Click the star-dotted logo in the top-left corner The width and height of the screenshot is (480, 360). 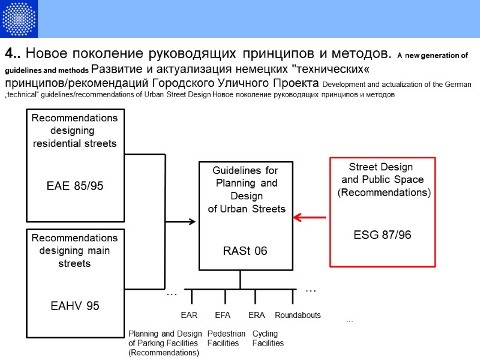point(19,19)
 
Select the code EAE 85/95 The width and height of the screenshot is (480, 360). point(75,186)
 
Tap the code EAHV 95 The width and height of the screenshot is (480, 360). point(75,306)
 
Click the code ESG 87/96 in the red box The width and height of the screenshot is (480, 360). point(382,235)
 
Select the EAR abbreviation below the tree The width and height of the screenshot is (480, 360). point(189,315)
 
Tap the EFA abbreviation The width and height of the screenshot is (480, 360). point(223,315)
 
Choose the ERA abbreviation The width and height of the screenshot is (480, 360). point(256,315)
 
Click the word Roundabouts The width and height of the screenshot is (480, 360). point(298,315)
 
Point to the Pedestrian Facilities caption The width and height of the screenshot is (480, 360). point(226,338)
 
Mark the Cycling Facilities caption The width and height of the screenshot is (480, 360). point(268,338)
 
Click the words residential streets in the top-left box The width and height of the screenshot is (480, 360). point(75,143)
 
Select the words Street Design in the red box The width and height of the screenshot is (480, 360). point(381,166)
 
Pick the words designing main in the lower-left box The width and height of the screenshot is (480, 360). point(75,251)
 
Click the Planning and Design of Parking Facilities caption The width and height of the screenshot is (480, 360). point(165,343)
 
